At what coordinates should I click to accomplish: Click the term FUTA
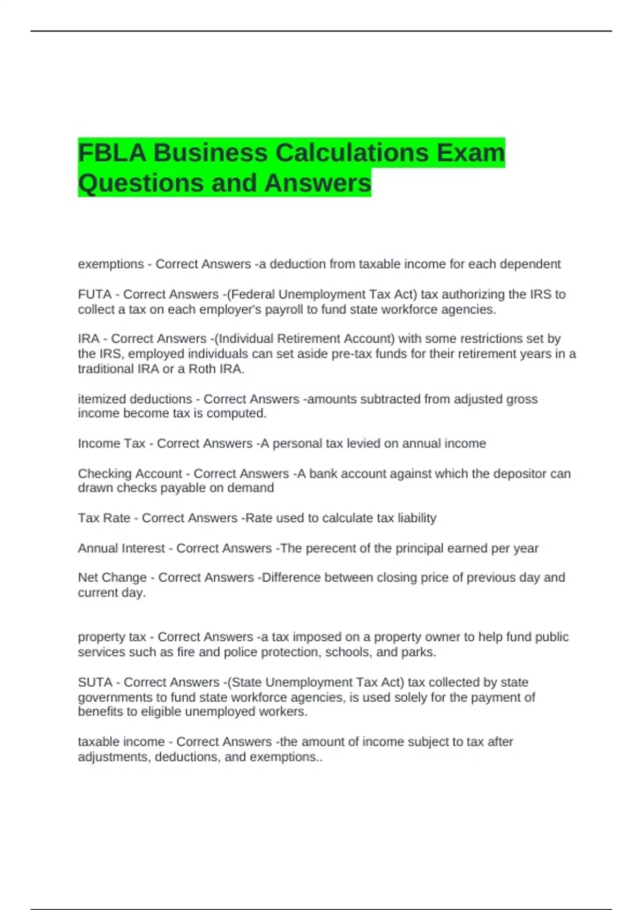pos(95,294)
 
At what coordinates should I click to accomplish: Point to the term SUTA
pos(95,682)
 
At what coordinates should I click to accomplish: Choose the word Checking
pos(102,474)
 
